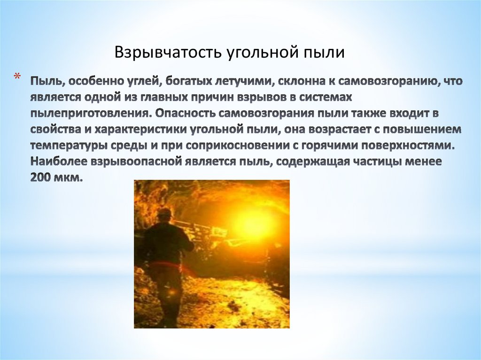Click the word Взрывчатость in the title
pos(168,52)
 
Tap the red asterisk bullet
pos(17,76)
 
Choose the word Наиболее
pos(59,161)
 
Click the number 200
pos(40,177)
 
